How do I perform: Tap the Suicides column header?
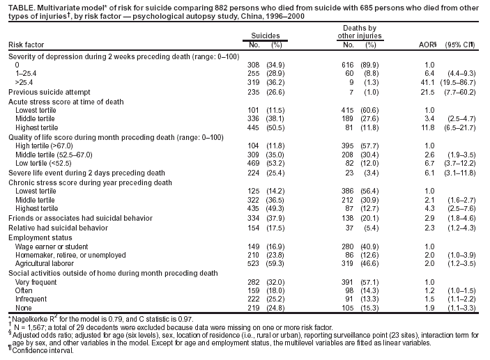(x=266, y=33)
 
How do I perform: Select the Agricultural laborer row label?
(x=44, y=263)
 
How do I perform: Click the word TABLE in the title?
(x=18, y=4)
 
